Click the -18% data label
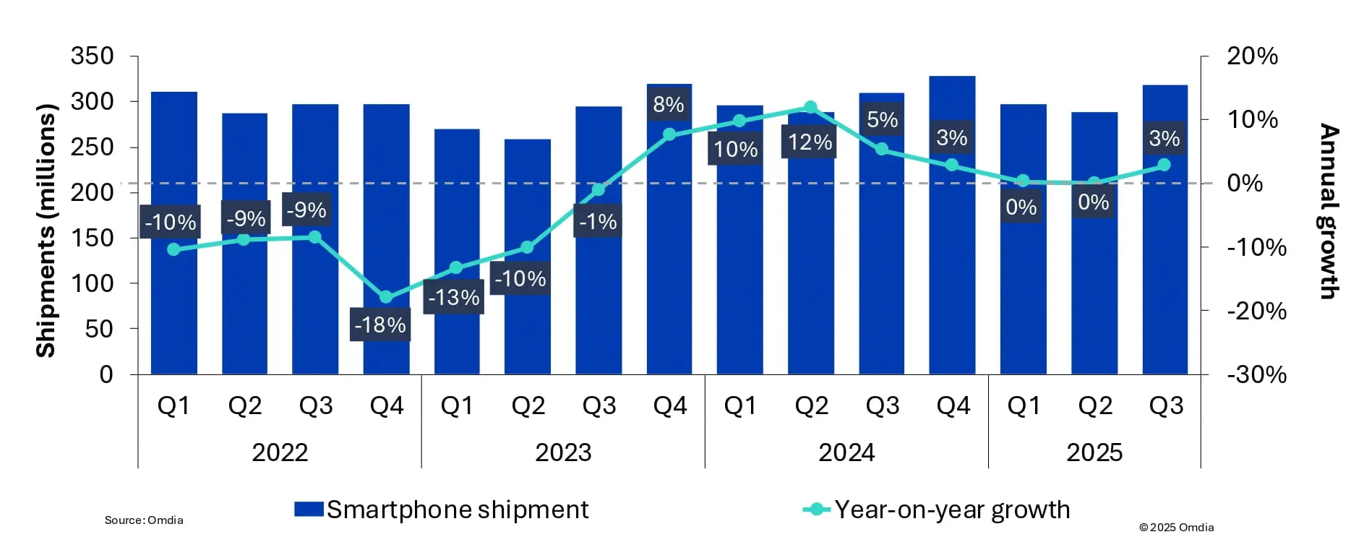point(380,325)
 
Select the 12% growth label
point(810,142)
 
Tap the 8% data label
point(669,105)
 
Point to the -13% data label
point(453,297)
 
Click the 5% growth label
point(882,120)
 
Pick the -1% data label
point(598,221)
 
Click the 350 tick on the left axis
point(93,56)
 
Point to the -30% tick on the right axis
point(1256,374)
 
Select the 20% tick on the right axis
point(1252,56)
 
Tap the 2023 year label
point(563,452)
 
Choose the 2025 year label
point(1094,452)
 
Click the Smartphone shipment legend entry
point(442,510)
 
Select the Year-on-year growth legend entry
point(937,510)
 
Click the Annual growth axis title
point(1329,211)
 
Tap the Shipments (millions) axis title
point(46,230)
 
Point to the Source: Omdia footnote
point(144,520)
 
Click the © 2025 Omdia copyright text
point(1176,528)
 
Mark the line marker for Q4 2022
point(386,297)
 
